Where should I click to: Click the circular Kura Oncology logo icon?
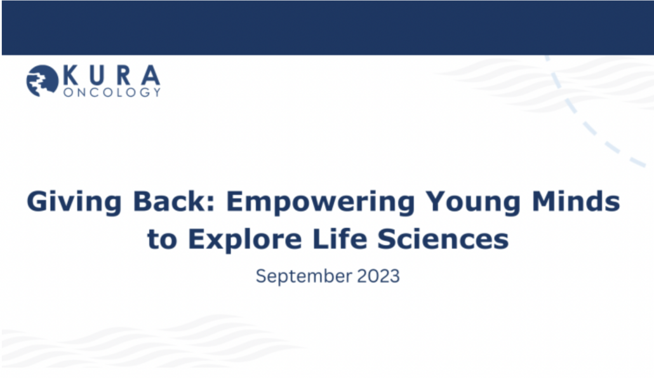[43, 81]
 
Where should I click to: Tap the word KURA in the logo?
[112, 76]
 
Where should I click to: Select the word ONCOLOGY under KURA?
[112, 91]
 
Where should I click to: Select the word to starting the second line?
[163, 240]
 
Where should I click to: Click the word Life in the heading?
[340, 239]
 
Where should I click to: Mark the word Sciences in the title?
[443, 239]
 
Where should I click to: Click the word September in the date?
[304, 276]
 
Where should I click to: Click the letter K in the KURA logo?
[71, 76]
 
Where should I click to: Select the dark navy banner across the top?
[328, 27]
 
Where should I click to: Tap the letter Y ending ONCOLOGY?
[156, 92]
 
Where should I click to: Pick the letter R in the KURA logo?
[124, 76]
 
